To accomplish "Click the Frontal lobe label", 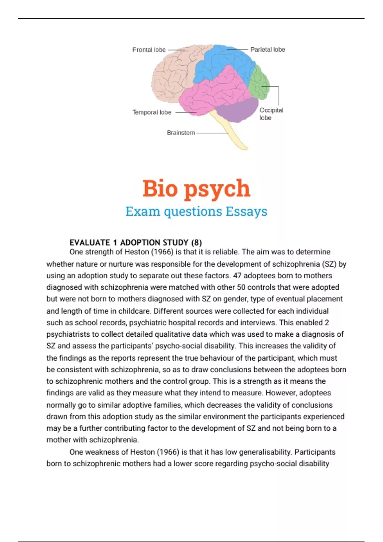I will pos(149,50).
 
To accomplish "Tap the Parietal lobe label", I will pos(267,49).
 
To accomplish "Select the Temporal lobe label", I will pos(152,112).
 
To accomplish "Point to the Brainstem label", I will pos(181,133).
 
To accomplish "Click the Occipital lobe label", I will pos(271,114).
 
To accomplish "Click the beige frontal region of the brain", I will pos(172,73).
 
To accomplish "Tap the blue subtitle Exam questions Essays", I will pos(196,211).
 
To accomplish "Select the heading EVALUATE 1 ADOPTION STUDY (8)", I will pos(136,243).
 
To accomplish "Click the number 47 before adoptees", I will pos(237,275).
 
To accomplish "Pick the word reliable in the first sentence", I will pos(226,252).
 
